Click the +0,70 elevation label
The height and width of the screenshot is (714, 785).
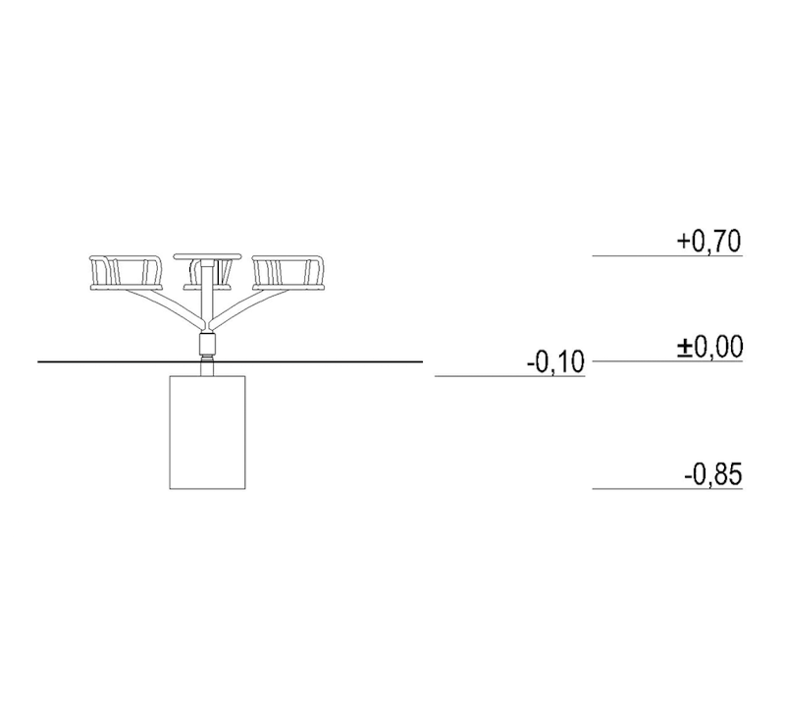708,242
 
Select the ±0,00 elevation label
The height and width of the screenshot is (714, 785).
709,348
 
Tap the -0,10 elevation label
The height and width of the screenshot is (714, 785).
555,361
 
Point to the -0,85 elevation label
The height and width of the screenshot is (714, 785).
713,474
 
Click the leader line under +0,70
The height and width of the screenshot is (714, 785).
667,256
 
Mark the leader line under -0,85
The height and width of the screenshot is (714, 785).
667,488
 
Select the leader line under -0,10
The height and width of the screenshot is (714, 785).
509,376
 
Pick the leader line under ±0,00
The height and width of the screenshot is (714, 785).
667,360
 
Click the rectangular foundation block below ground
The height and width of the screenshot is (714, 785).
207,432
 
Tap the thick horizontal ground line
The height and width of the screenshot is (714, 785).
231,361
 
